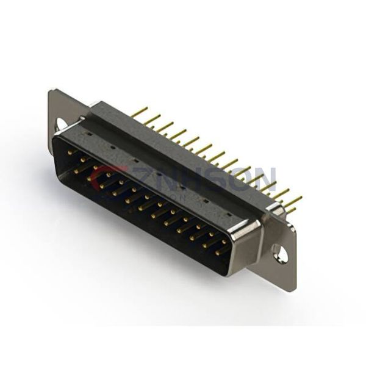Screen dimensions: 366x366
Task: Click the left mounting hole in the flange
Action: (x=62, y=124)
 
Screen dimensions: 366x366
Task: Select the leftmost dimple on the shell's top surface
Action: (x=90, y=131)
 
